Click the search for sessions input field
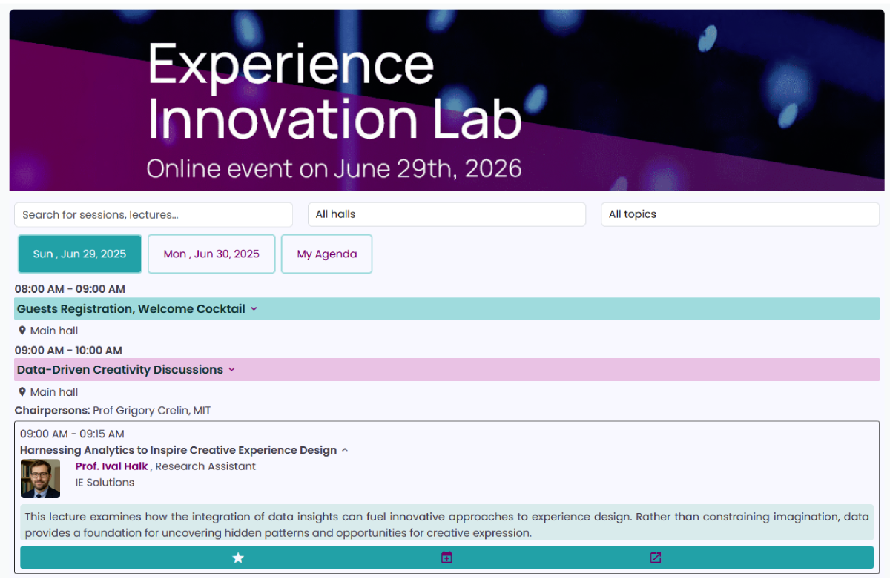154,214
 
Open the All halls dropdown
446,214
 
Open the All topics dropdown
740,214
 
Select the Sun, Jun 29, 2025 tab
79,254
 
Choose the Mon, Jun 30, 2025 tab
211,254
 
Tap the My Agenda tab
326,254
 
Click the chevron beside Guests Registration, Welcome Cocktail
254,309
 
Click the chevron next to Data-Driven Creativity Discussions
231,370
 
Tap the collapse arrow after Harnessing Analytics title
345,450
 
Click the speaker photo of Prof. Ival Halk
41,479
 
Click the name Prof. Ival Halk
111,466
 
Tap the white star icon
238,558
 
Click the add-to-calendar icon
446,558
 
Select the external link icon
656,558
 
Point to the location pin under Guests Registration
22,331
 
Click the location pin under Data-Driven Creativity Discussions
22,392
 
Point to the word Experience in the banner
291,65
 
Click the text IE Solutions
105,483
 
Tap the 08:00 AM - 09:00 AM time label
70,289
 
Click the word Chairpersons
52,411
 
